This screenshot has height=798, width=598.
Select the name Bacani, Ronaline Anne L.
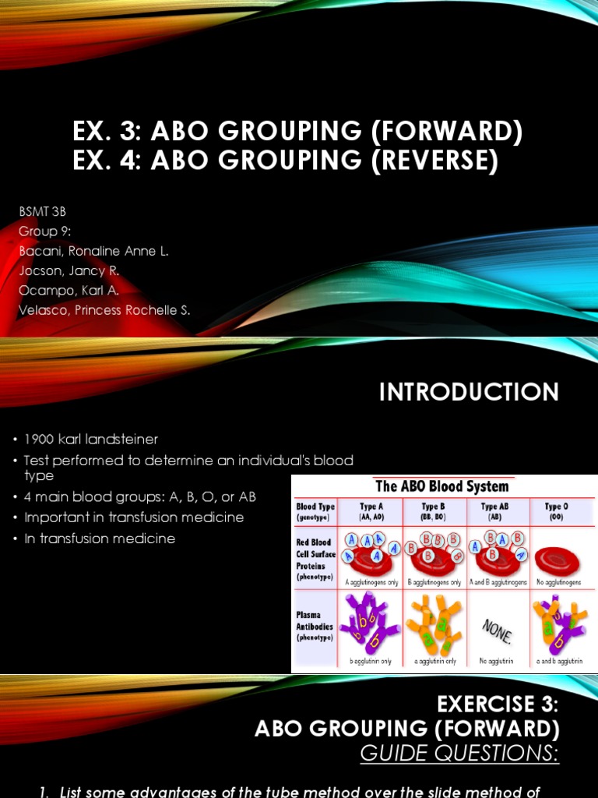93,251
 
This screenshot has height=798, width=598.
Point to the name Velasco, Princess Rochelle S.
104,310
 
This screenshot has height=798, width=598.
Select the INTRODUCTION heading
469,392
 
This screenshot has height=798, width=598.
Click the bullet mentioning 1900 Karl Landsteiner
91,440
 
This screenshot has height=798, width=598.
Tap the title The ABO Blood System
442,486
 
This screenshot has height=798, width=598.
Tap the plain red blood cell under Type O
557,560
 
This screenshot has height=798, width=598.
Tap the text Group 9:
40,231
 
